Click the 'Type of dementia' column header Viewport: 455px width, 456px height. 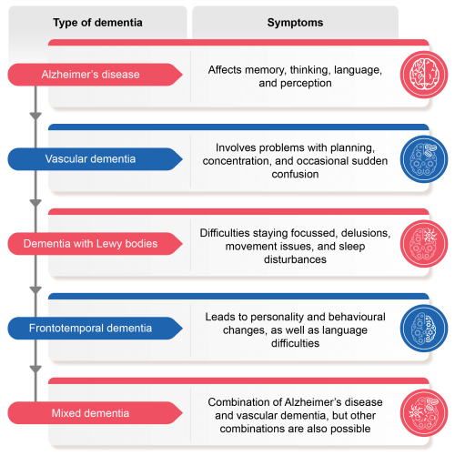coord(97,23)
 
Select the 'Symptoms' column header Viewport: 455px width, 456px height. coord(295,23)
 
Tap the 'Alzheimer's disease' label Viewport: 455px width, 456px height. coord(90,75)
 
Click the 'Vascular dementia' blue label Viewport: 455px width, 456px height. coord(90,158)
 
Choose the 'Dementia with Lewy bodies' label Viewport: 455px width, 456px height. coord(90,244)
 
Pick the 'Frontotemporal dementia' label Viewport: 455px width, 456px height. coord(90,328)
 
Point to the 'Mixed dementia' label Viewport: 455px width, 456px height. coord(90,413)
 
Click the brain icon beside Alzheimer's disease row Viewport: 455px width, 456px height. coord(424,75)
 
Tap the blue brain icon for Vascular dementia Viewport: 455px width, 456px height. coord(424,159)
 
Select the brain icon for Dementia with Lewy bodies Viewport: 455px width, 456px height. coord(424,244)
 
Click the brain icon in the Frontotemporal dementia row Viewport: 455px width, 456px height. coord(424,329)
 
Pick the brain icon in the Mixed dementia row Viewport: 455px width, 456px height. coord(424,413)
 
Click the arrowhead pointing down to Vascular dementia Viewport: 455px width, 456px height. coord(35,116)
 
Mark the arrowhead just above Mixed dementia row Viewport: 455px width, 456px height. coord(35,369)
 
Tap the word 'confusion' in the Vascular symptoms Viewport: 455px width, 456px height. coord(295,174)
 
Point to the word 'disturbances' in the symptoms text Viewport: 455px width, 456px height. coord(295,259)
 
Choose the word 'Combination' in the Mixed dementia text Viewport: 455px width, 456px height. coord(238,402)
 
